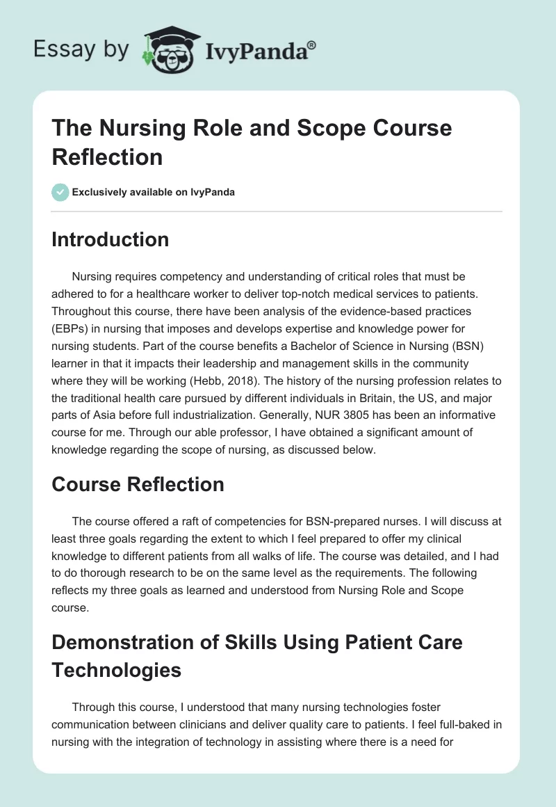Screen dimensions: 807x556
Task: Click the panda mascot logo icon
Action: pos(166,50)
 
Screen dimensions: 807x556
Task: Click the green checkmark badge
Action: pos(60,192)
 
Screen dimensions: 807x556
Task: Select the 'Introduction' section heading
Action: pos(110,239)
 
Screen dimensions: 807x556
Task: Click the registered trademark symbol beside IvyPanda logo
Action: pos(312,44)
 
